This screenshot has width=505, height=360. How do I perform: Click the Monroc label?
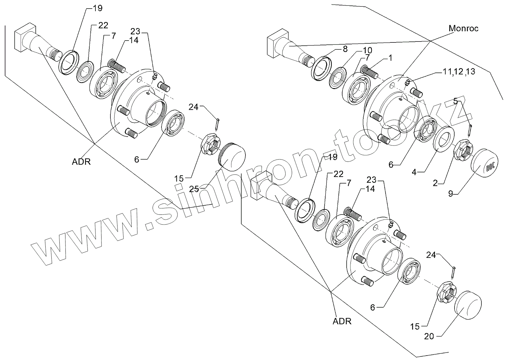pyautogui.click(x=464, y=28)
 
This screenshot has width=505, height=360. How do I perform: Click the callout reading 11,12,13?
pyautogui.click(x=459, y=72)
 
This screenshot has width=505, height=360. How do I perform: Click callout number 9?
pyautogui.click(x=450, y=193)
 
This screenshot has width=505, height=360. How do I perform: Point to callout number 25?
pyautogui.click(x=194, y=189)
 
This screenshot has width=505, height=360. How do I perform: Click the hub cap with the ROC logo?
pyautogui.click(x=485, y=164)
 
